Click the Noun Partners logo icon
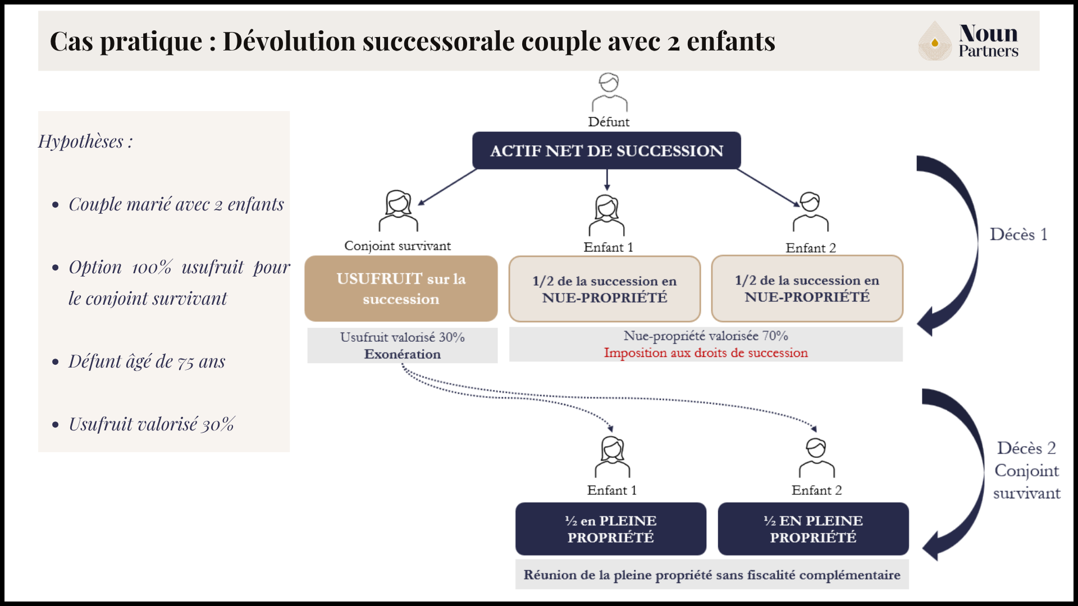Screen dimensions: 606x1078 tap(934, 42)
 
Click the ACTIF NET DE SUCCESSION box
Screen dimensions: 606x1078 tap(606, 150)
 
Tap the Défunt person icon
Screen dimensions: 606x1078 tap(609, 93)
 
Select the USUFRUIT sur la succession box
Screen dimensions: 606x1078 tap(401, 288)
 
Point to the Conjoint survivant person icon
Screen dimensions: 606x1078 tap(398, 211)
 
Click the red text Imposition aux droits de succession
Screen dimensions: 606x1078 tap(706, 353)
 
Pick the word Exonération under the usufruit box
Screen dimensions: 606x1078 tap(402, 354)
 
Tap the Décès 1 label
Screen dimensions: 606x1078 tap(1018, 235)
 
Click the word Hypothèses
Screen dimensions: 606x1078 tap(81, 141)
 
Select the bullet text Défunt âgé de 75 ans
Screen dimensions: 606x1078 tap(147, 361)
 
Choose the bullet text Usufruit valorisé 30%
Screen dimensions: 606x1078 tap(152, 424)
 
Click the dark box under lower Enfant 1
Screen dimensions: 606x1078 tap(610, 529)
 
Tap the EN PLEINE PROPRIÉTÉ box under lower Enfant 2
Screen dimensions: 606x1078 tap(813, 529)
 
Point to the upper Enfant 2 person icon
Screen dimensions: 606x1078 tap(810, 212)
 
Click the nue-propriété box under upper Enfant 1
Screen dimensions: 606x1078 tap(605, 289)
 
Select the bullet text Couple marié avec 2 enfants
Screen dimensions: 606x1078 tap(176, 204)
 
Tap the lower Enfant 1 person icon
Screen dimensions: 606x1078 tap(613, 457)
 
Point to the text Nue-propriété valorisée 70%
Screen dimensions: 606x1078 tap(706, 336)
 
